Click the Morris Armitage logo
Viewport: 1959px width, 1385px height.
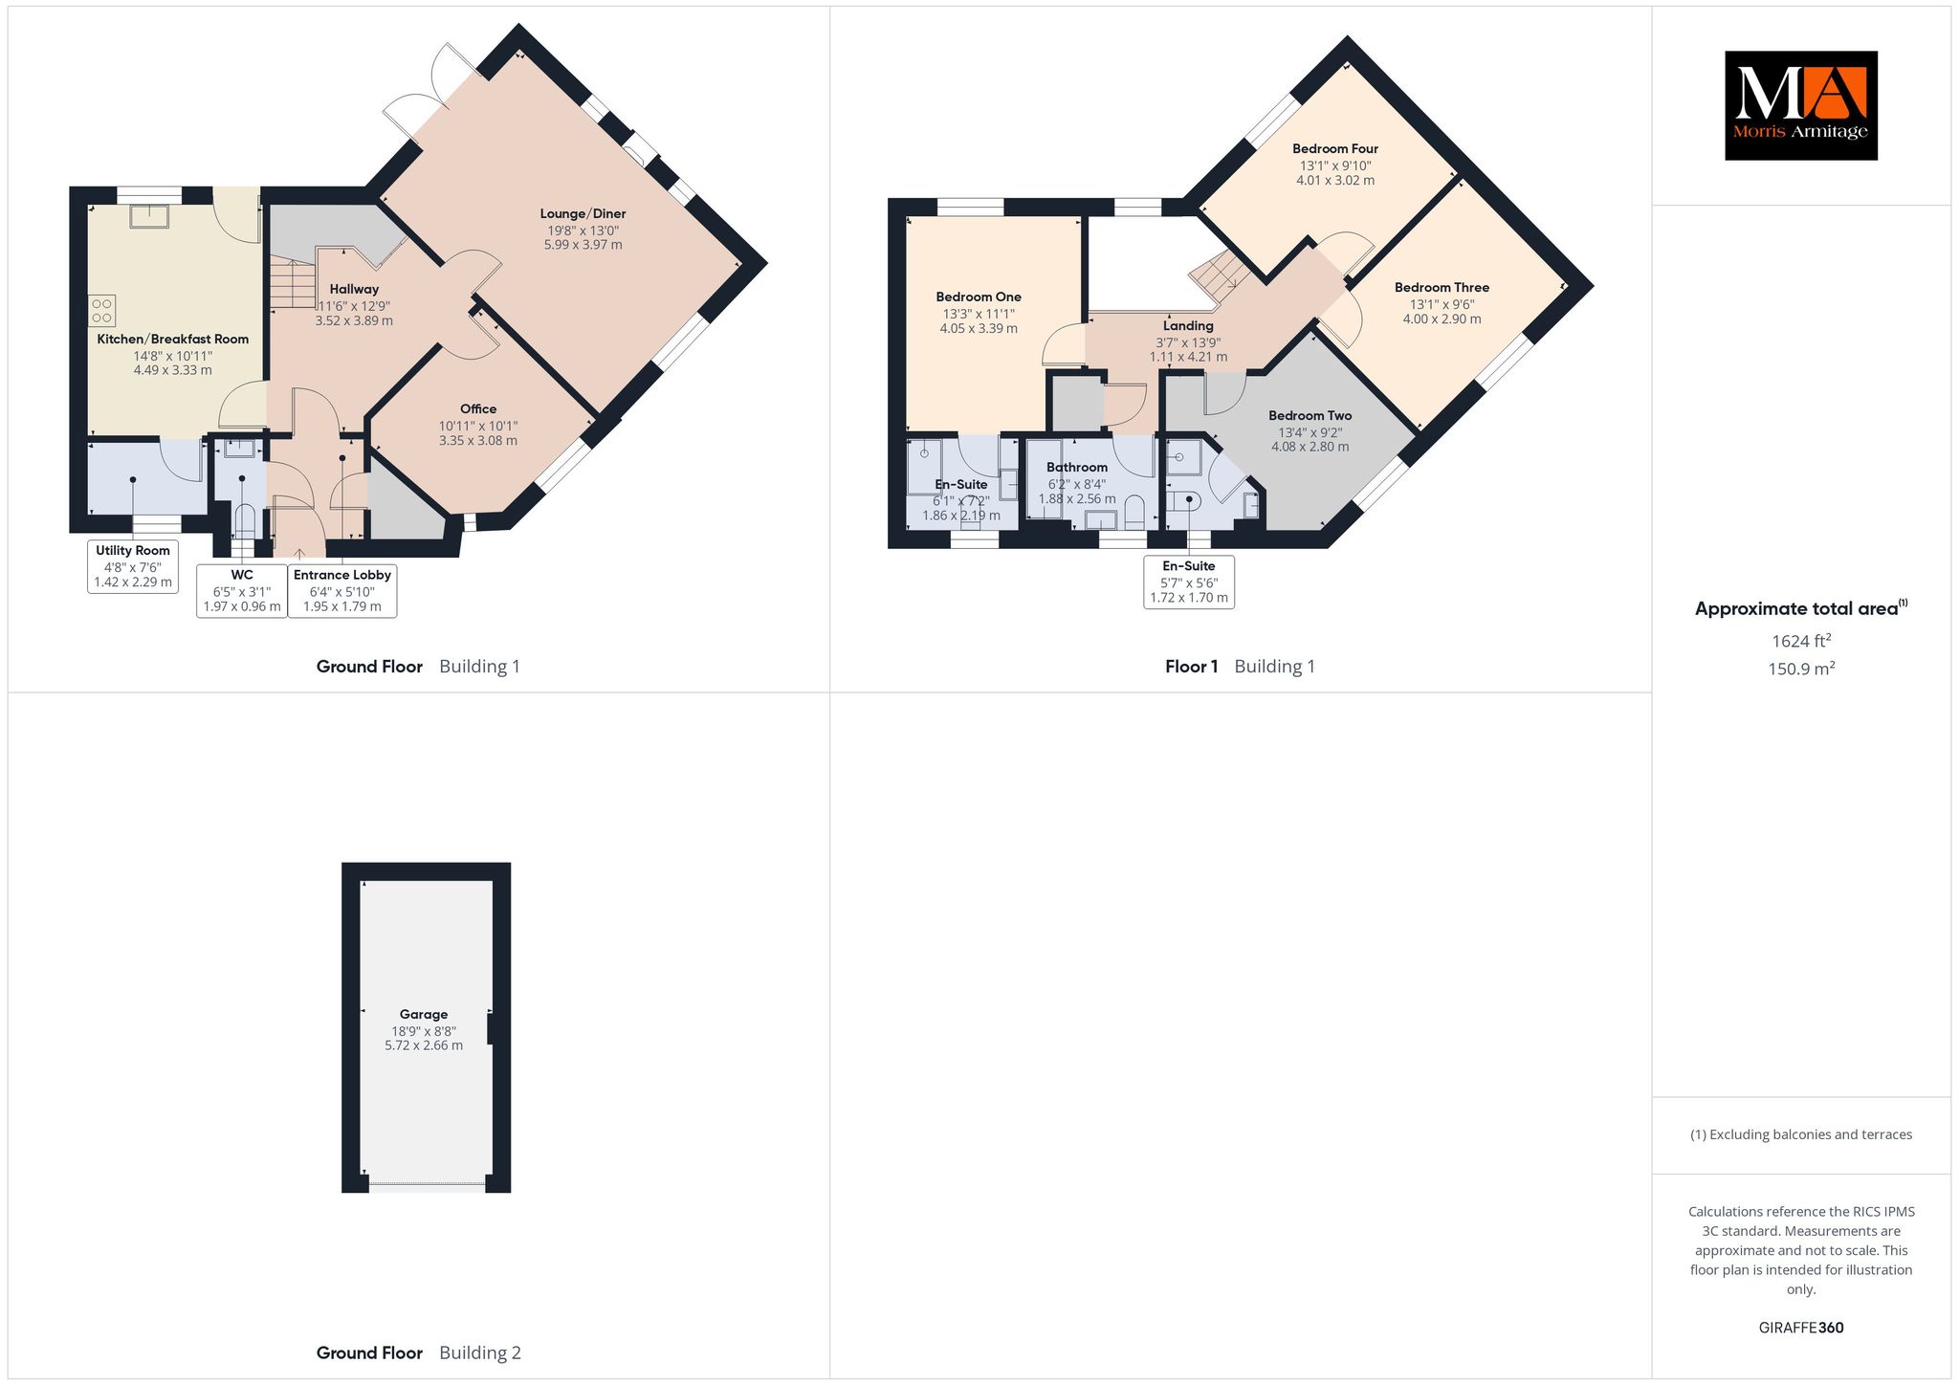click(x=1800, y=105)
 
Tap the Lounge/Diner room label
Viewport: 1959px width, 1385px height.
click(x=583, y=213)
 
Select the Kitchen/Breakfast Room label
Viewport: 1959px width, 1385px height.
click(x=173, y=339)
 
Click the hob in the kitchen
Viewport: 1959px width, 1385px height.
click(x=101, y=310)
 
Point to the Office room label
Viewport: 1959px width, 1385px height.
click(x=478, y=408)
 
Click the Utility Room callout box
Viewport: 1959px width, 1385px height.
click(x=133, y=566)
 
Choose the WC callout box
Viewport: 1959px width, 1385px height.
click(x=242, y=591)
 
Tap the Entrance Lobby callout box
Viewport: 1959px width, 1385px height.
click(x=342, y=591)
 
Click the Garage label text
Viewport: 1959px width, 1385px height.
click(x=424, y=1014)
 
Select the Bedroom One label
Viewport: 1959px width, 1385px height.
click(x=979, y=297)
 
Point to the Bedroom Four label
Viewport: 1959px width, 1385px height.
click(x=1335, y=148)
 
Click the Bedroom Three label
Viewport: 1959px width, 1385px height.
click(x=1442, y=287)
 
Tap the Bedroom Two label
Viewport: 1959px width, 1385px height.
click(x=1310, y=415)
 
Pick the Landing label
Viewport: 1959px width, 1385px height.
click(x=1188, y=326)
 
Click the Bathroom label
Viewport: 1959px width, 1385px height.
click(x=1077, y=468)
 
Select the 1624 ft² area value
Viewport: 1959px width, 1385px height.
click(x=1801, y=640)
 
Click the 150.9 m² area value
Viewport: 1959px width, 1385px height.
click(x=1801, y=668)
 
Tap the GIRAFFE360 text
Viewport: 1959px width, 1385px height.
click(x=1801, y=1328)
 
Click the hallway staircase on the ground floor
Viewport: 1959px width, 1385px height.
click(x=292, y=282)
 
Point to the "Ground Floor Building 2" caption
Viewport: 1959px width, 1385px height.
click(x=419, y=1352)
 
